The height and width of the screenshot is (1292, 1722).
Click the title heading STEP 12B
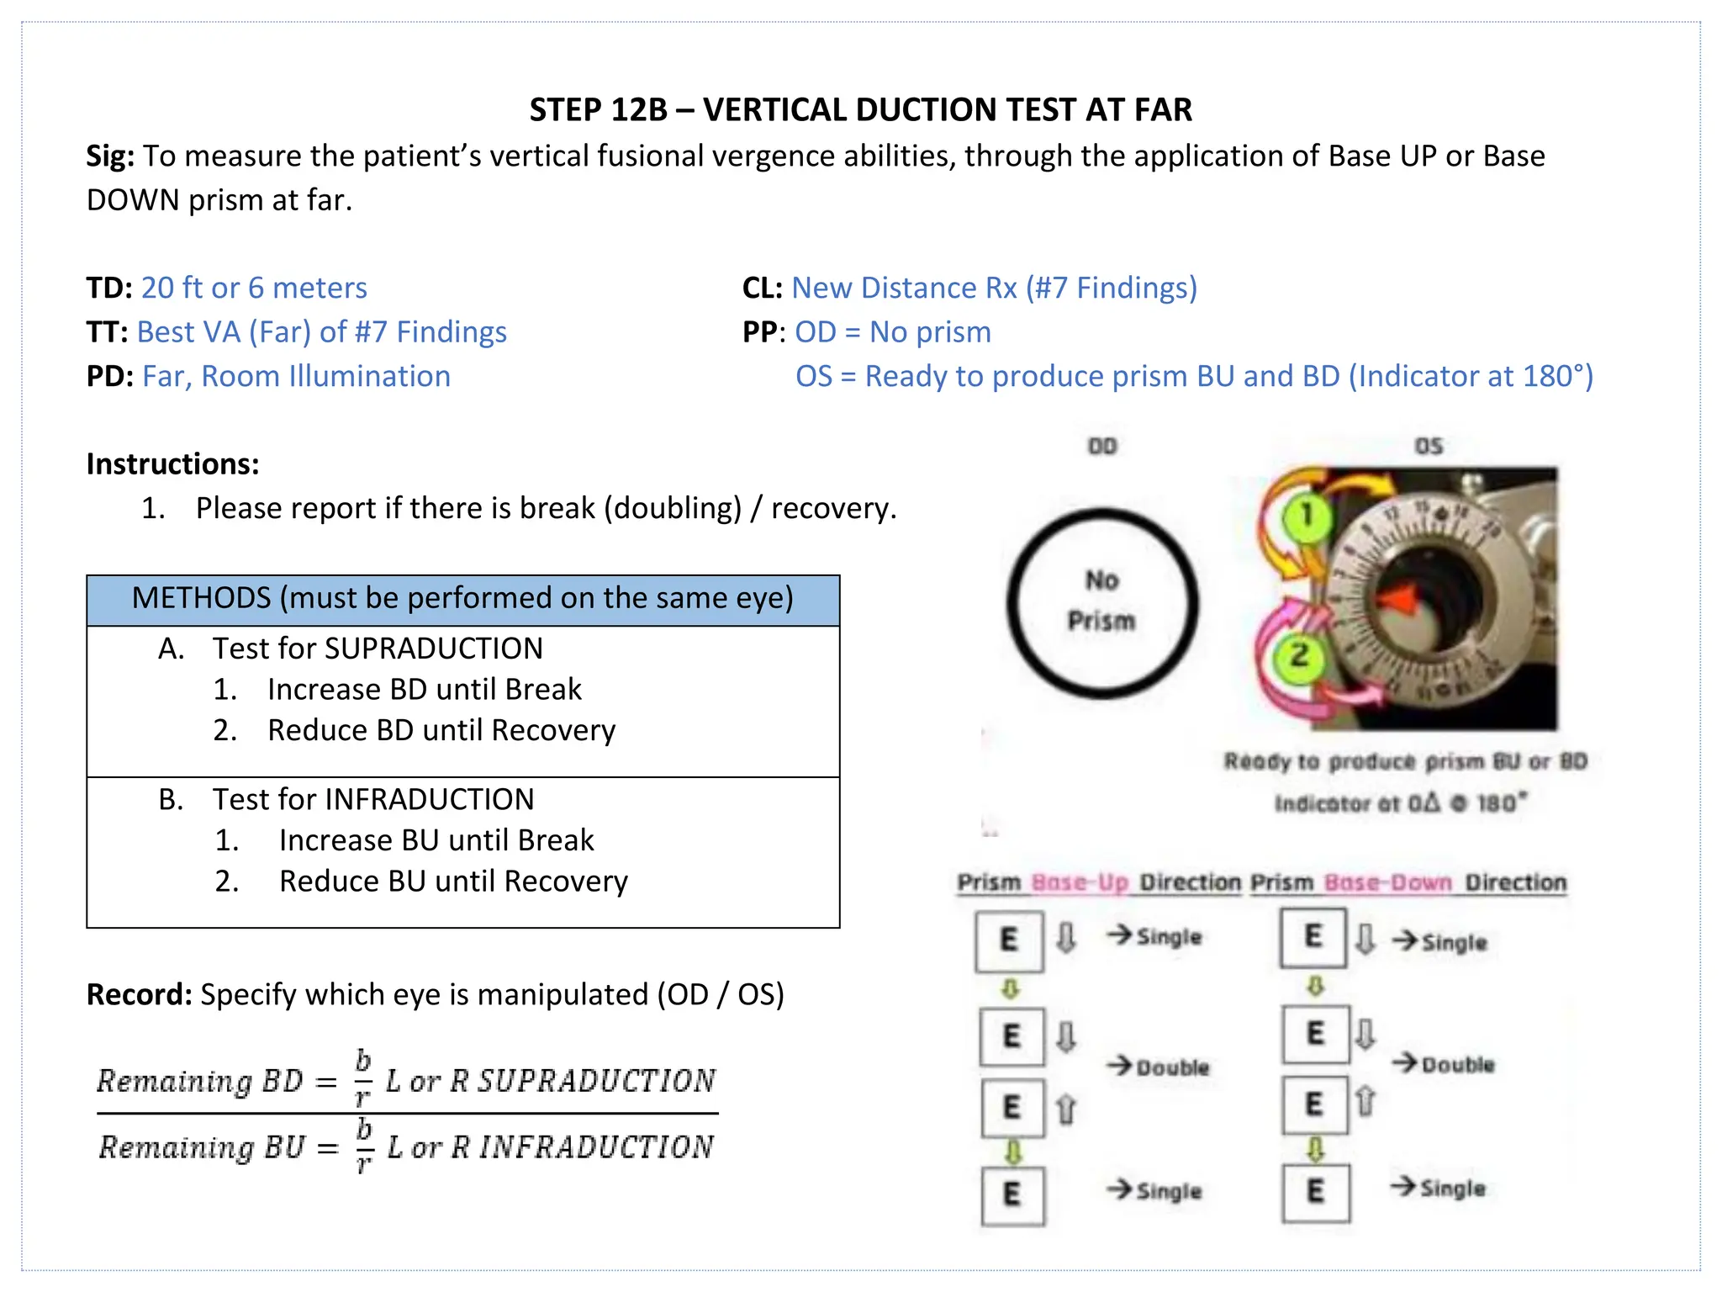(860, 110)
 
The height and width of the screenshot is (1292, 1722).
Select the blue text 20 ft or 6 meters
(254, 288)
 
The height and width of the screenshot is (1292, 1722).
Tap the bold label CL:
(762, 288)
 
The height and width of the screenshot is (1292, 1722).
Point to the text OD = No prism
(893, 332)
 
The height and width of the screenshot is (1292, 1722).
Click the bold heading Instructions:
(172, 463)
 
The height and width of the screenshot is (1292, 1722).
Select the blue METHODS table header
(462, 599)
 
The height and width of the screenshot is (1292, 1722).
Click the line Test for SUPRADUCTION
(377, 649)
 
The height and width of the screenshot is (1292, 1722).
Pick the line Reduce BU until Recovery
(453, 882)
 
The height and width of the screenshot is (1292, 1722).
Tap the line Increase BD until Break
(424, 690)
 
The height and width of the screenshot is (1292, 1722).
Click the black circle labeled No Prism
(1102, 602)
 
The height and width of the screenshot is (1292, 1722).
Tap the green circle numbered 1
(1306, 515)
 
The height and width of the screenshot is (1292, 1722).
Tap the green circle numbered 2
(1300, 656)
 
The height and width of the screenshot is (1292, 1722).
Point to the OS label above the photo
(1429, 446)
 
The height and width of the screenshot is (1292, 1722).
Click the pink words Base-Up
(1080, 883)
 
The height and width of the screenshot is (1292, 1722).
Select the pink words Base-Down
(1387, 883)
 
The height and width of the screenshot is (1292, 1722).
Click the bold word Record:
(140, 995)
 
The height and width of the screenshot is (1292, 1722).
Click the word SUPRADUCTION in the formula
(596, 1081)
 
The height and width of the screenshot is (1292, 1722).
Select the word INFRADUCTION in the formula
(596, 1147)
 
